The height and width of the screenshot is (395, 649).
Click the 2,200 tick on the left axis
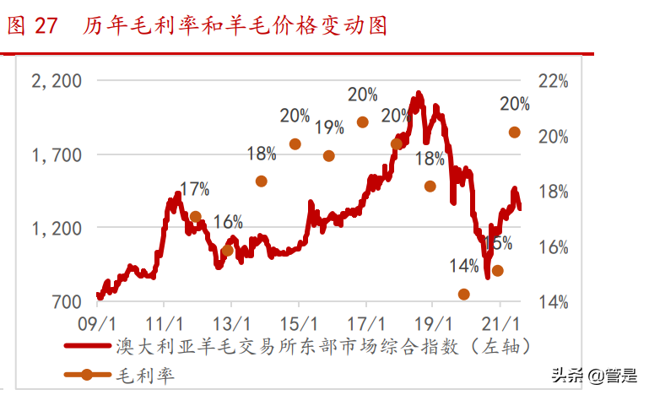[x=56, y=81]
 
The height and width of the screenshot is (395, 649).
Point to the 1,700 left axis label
[x=56, y=154]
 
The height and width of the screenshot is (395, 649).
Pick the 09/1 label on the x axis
[x=98, y=323]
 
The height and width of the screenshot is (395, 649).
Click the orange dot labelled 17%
[x=196, y=217]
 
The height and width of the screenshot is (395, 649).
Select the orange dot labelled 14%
[x=464, y=294]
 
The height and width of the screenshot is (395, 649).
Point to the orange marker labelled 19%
[x=329, y=155]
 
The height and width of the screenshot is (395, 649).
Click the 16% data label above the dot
[x=228, y=223]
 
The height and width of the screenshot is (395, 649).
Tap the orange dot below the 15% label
[x=498, y=270]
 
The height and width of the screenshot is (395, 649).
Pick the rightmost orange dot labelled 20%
[x=514, y=132]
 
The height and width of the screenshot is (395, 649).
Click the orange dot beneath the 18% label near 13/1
[x=262, y=181]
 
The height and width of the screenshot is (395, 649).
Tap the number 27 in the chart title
[x=46, y=26]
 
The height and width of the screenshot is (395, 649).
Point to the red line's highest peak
[x=417, y=95]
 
